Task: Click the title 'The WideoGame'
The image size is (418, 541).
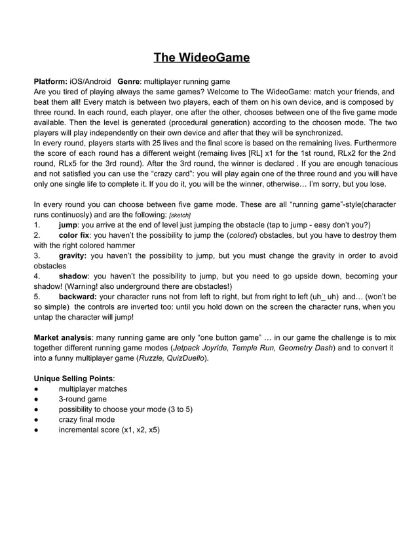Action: (x=202, y=58)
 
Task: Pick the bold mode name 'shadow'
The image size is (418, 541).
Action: (x=73, y=276)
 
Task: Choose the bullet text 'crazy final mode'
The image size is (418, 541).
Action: (x=86, y=419)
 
